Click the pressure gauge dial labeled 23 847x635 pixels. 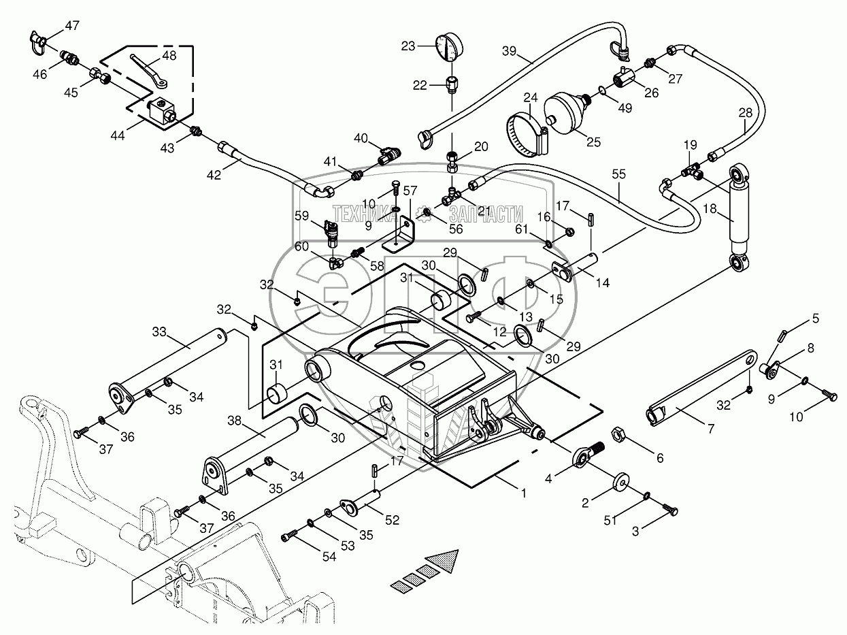450,47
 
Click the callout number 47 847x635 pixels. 72,26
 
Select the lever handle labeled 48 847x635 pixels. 150,69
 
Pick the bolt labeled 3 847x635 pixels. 668,507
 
